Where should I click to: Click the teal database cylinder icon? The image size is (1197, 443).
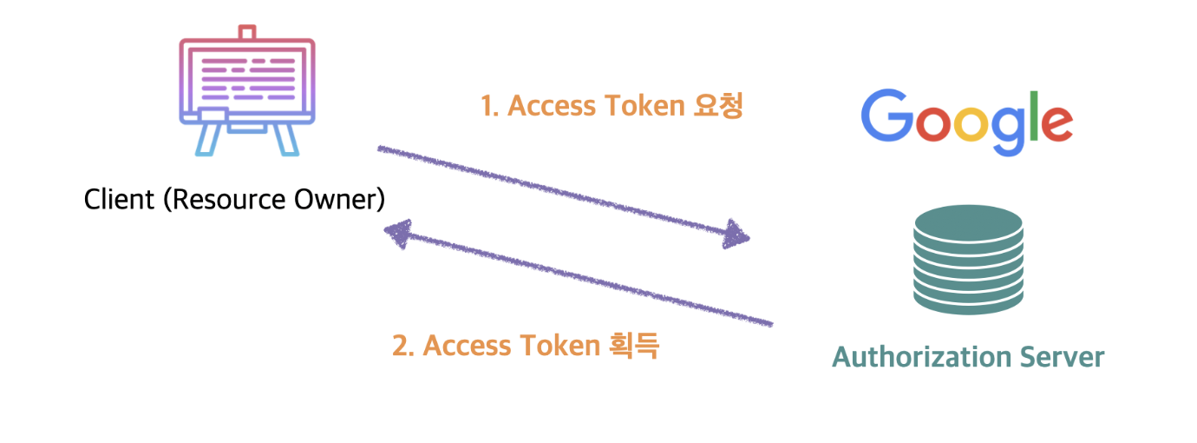(968, 260)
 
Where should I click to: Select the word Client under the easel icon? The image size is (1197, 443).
(118, 199)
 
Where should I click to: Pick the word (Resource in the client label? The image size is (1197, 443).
(222, 199)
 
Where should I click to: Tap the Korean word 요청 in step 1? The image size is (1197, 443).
(718, 105)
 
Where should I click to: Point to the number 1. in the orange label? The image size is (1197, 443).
(489, 106)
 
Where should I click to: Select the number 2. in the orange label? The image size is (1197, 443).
(403, 346)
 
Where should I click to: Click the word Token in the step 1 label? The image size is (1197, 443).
(644, 106)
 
